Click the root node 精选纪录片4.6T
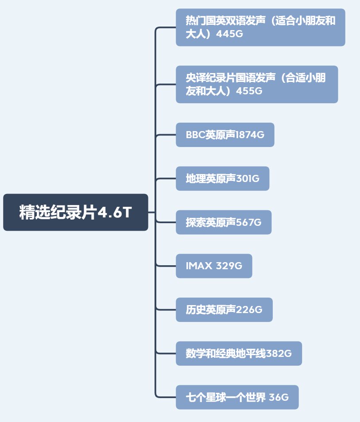pyautogui.click(x=75, y=212)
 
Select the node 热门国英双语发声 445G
pyautogui.click(x=260, y=27)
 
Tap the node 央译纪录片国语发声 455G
pyautogui.click(x=256, y=85)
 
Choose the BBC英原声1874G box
pyautogui.click(x=225, y=135)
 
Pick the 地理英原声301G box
pyautogui.click(x=222, y=178)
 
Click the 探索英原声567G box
pyautogui.click(x=223, y=222)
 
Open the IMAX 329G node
pyautogui.click(x=214, y=266)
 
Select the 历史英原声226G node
pyautogui.click(x=224, y=310)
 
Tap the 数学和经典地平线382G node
pyautogui.click(x=239, y=353)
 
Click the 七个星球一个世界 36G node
pyautogui.click(x=237, y=397)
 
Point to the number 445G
pyautogui.click(x=230, y=34)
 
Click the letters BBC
pyautogui.click(x=195, y=135)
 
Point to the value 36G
pyautogui.click(x=279, y=398)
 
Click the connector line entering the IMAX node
pyautogui.click(x=166, y=266)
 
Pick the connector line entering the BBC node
pyautogui.click(x=166, y=135)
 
